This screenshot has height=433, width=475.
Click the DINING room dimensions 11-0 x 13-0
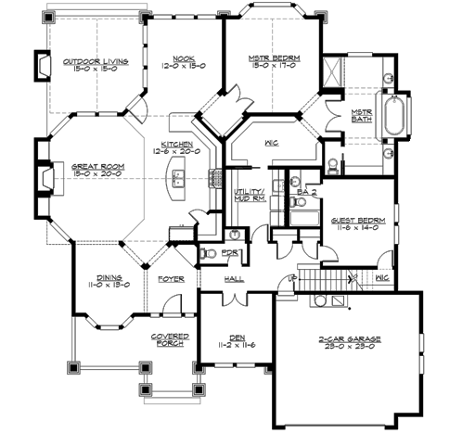(109, 284)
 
